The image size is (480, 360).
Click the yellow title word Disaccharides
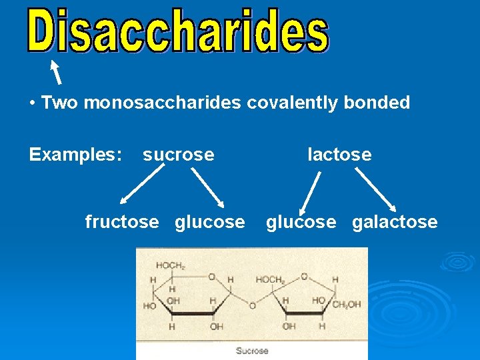coord(178,31)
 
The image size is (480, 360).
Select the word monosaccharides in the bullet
coord(163,103)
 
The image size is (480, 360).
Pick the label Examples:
coord(75,155)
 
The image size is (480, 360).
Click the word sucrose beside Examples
coord(179,155)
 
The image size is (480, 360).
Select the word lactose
coord(339,155)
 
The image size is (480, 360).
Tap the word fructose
coord(122,221)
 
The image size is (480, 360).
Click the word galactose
coord(395,221)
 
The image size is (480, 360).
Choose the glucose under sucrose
coord(209,221)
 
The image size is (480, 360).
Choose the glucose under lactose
coord(301,221)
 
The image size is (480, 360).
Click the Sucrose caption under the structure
coord(252,351)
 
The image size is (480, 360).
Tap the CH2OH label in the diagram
coord(347,305)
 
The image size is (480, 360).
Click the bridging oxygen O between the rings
coord(252,306)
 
